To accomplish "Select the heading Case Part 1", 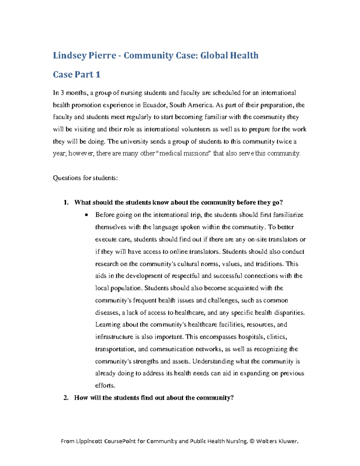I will tap(76, 74).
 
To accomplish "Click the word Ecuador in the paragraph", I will tap(154, 105).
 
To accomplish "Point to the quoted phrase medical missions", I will tap(184, 153).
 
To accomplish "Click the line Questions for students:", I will tap(85, 178).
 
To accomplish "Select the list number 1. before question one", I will tap(66, 203).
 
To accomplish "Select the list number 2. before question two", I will tap(66, 398).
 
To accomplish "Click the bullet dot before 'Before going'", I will tap(86, 215).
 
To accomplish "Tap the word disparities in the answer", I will tap(289, 313).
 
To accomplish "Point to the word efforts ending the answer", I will tap(105, 386).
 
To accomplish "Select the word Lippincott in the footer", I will tap(90, 441).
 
